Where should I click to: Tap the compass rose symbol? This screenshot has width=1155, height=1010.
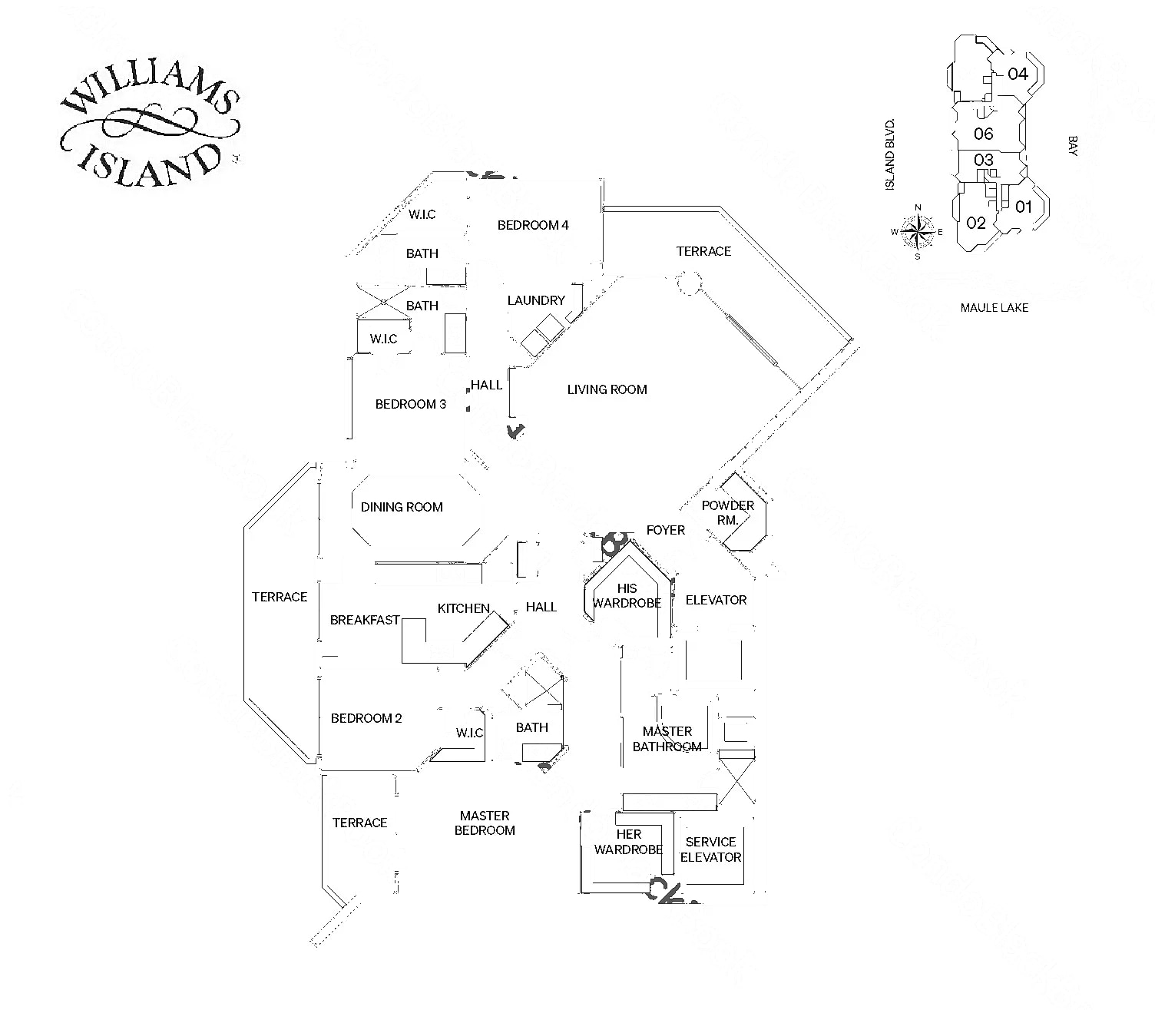coord(917,231)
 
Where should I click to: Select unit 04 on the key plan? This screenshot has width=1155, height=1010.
coord(1018,74)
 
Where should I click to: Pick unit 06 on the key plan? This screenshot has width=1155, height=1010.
coord(984,134)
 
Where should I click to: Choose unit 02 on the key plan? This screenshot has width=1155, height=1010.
coord(976,224)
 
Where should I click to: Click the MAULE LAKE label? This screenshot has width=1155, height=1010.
coord(994,308)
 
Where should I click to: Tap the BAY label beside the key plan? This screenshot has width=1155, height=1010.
coord(1072,146)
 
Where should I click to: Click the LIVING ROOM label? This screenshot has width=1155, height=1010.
coord(607,390)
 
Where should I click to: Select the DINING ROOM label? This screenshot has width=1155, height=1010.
coord(402,507)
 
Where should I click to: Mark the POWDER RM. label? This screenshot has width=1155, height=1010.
coord(727,512)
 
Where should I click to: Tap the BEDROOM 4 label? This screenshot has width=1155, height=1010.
coord(533,225)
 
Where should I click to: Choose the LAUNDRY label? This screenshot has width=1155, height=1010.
coord(536,300)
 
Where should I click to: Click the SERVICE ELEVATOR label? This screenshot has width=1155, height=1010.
coord(710,849)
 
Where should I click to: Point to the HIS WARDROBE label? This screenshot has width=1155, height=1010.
coord(627,596)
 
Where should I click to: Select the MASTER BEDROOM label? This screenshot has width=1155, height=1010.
coord(485,823)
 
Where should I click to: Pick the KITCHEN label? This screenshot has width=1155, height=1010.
coord(464,608)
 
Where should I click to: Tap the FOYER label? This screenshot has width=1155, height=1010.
coord(665,530)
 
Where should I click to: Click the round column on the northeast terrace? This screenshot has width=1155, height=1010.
coord(687,283)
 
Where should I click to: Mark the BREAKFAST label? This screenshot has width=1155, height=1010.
coord(365,620)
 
